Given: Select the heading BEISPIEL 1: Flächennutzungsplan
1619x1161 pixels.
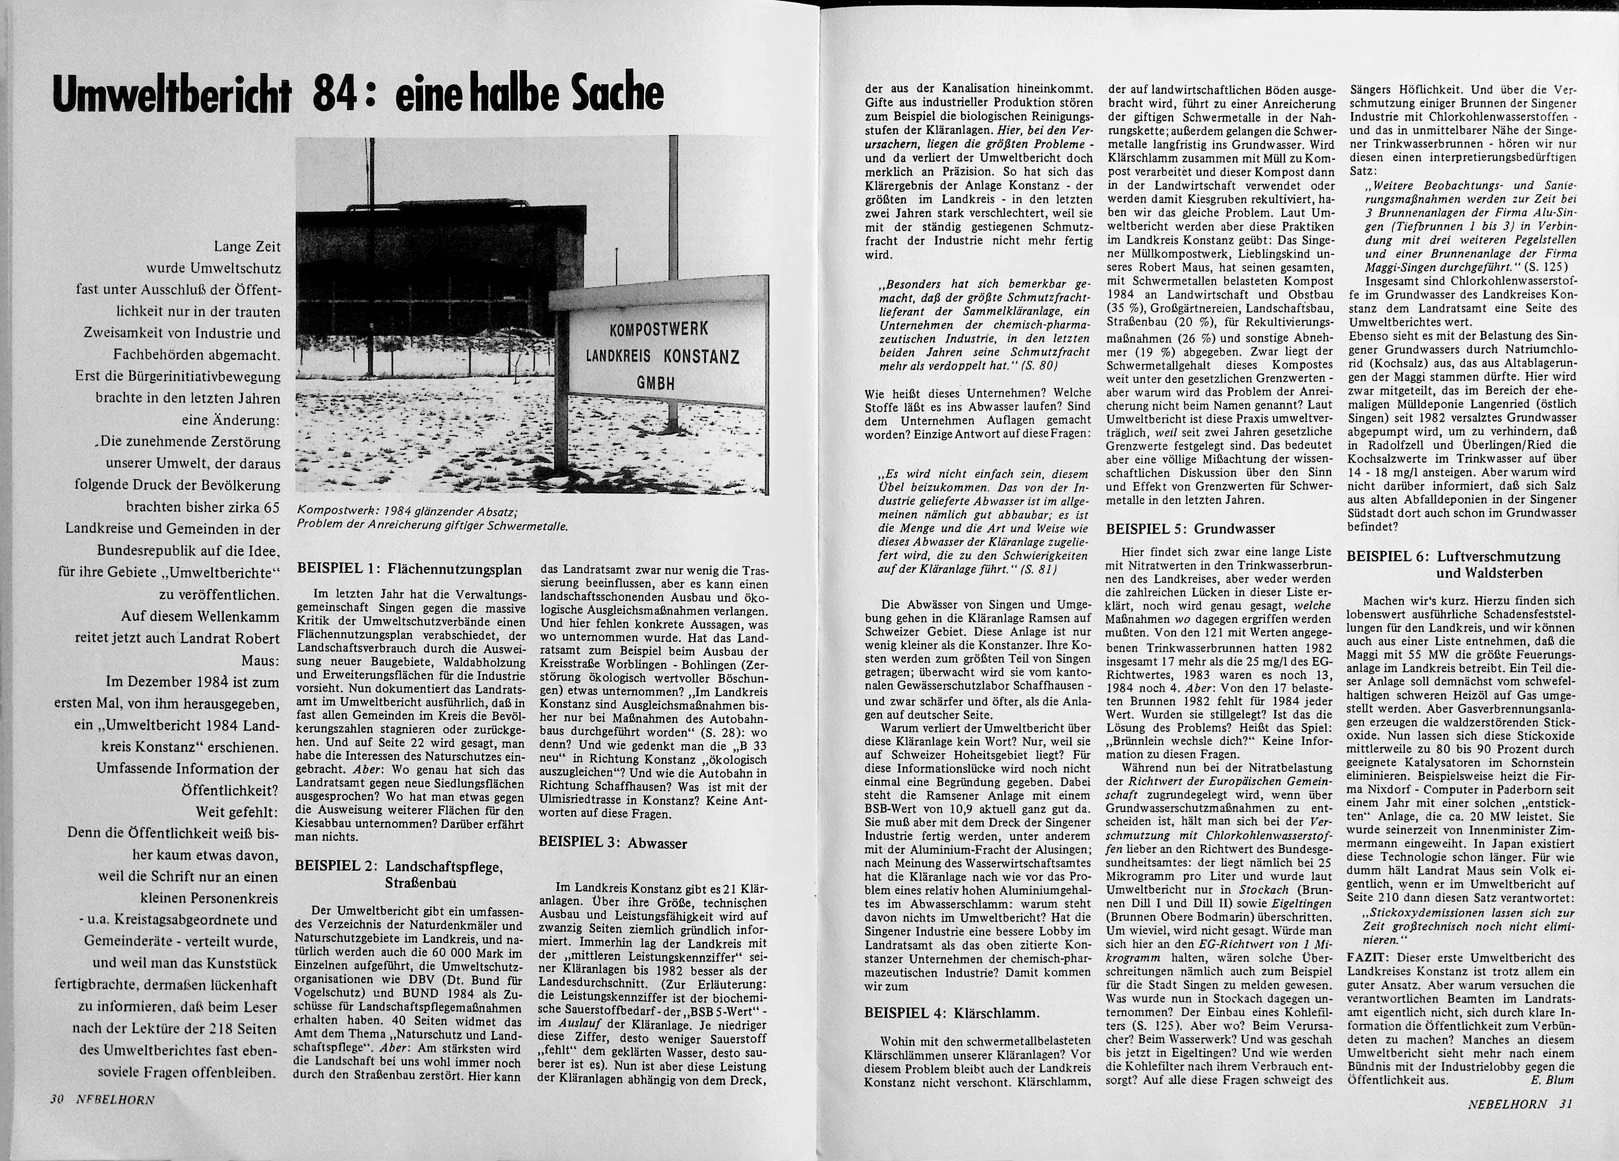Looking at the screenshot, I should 409,569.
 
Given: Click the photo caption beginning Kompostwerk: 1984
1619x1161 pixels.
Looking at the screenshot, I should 432,519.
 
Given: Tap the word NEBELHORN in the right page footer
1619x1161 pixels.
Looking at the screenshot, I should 1507,1103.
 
